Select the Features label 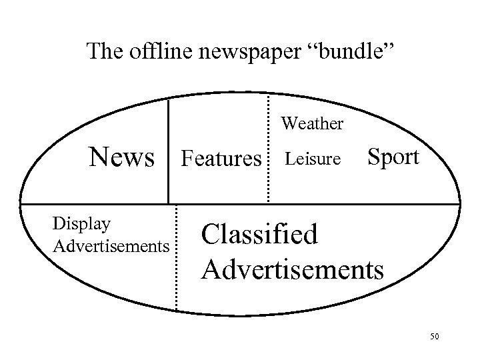(x=221, y=159)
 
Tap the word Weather (x=312, y=123)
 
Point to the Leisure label (x=312, y=159)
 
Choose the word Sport (x=393, y=157)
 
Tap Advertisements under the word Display (x=110, y=247)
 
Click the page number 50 (x=435, y=337)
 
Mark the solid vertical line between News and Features (x=168, y=150)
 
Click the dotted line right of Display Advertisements (x=176, y=257)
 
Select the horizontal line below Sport (x=400, y=203)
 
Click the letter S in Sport (x=374, y=157)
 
